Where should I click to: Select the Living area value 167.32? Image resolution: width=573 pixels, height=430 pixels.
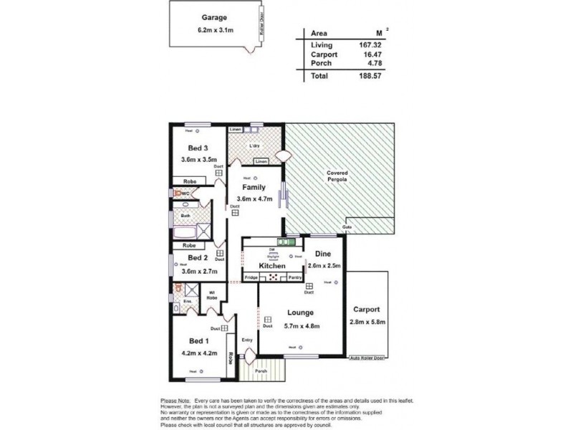pyautogui.click(x=360, y=44)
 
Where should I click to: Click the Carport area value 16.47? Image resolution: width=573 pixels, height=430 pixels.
pyautogui.click(x=360, y=54)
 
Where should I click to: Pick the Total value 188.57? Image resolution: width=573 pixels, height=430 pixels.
pyautogui.click(x=360, y=75)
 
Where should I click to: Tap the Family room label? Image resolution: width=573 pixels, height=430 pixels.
pyautogui.click(x=256, y=187)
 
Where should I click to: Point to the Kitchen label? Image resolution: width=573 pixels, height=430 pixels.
pyautogui.click(x=273, y=266)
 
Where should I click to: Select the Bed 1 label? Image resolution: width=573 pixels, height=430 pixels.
pyautogui.click(x=198, y=341)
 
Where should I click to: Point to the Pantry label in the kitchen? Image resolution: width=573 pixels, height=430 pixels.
pyautogui.click(x=295, y=276)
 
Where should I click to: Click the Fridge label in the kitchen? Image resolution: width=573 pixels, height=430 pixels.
pyautogui.click(x=251, y=276)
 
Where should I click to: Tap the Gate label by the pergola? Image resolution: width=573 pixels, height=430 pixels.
pyautogui.click(x=347, y=227)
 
